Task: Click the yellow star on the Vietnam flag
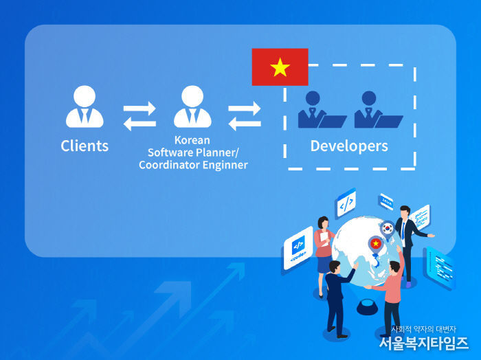coord(280,67)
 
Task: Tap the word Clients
coord(85,146)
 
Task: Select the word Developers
coord(349,146)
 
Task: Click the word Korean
coord(192,140)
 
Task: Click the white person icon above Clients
coord(85,106)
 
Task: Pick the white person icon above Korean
coord(192,106)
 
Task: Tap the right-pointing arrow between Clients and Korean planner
coord(139,109)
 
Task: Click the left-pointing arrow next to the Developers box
coord(245,124)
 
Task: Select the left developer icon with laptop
coord(322,110)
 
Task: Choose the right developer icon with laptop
coord(379,110)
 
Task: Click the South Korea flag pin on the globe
coord(388,229)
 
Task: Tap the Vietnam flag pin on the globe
coord(376,245)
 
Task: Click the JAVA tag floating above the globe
coord(386,202)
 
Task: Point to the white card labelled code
coord(298,248)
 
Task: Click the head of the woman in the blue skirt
coord(323,222)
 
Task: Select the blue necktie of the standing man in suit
coord(403,232)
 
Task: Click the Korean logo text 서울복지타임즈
coord(424,343)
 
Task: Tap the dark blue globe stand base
coord(368,306)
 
